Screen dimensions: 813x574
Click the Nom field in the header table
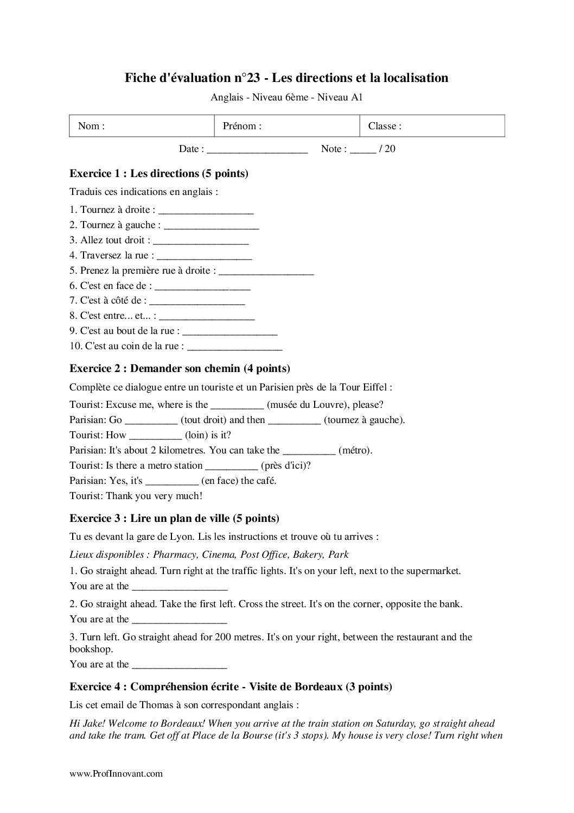[142, 126]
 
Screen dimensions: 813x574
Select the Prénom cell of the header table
[287, 126]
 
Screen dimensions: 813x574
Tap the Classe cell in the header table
[432, 126]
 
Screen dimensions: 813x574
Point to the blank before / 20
[363, 149]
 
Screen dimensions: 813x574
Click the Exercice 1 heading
[159, 174]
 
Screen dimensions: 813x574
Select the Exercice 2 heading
[180, 369]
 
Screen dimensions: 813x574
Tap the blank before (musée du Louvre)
[237, 405]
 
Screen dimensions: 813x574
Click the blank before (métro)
[309, 451]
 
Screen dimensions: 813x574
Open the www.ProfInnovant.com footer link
[116, 774]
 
